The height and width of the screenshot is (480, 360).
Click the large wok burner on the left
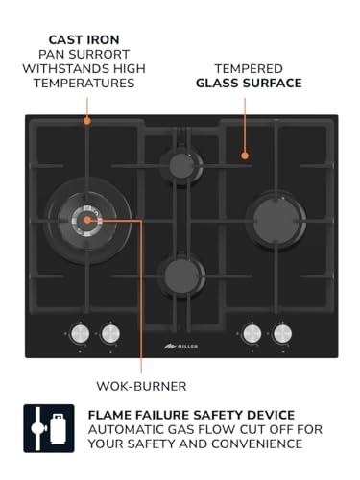(86, 220)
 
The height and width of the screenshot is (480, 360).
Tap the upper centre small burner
(179, 160)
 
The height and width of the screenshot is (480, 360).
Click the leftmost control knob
(82, 333)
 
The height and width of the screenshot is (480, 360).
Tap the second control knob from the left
(110, 333)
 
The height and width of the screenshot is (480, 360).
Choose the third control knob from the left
(252, 333)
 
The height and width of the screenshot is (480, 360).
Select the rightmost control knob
(281, 333)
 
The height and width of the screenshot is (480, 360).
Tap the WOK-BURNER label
(142, 387)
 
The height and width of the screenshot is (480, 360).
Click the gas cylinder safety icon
(48, 428)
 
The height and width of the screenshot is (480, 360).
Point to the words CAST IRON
(84, 39)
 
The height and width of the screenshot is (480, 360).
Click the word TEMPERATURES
(84, 83)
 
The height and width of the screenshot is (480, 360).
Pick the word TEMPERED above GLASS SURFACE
(249, 68)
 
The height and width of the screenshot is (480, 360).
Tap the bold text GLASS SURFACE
(249, 83)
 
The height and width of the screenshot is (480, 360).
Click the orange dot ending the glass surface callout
(245, 154)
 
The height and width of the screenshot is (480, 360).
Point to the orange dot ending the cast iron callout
(85, 121)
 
